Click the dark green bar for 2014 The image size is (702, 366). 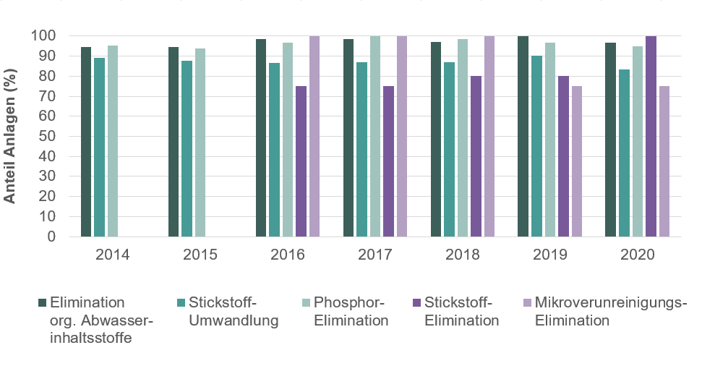click(86, 142)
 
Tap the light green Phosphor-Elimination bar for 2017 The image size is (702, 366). click(375, 136)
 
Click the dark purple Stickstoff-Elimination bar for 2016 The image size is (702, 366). click(301, 161)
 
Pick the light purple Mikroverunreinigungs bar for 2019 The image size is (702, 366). click(576, 161)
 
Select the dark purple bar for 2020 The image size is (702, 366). click(651, 136)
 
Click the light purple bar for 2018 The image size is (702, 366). click(489, 136)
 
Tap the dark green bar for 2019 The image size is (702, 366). click(523, 136)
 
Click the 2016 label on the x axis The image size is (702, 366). click(287, 255)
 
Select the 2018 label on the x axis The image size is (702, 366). click(463, 255)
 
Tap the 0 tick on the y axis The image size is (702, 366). click(51, 237)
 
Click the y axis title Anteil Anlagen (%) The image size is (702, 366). click(10, 137)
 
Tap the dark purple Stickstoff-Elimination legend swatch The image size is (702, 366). click(417, 302)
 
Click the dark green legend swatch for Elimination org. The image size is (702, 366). click(41, 302)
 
